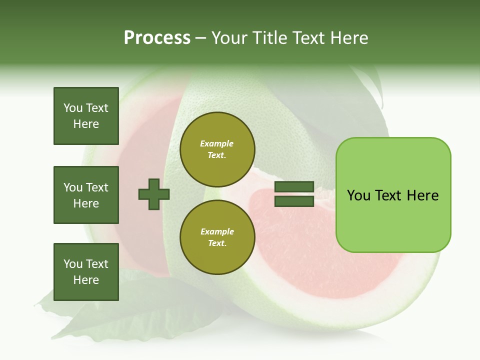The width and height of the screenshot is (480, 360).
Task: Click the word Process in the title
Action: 157,37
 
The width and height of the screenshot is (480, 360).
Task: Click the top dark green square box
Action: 86,116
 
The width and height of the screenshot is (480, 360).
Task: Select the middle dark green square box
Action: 86,195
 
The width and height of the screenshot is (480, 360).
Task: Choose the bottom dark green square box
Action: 86,272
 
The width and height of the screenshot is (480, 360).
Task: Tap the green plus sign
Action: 154,194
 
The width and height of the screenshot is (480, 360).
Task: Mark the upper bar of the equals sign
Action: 294,187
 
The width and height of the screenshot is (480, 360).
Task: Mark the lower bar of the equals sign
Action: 294,201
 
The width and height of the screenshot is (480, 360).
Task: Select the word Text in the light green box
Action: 389,195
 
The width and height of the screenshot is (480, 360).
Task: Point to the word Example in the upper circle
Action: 217,143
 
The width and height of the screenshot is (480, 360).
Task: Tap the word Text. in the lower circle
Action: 217,243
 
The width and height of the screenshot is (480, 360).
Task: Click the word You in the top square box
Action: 72,108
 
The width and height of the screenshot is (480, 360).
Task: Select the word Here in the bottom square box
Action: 86,280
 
